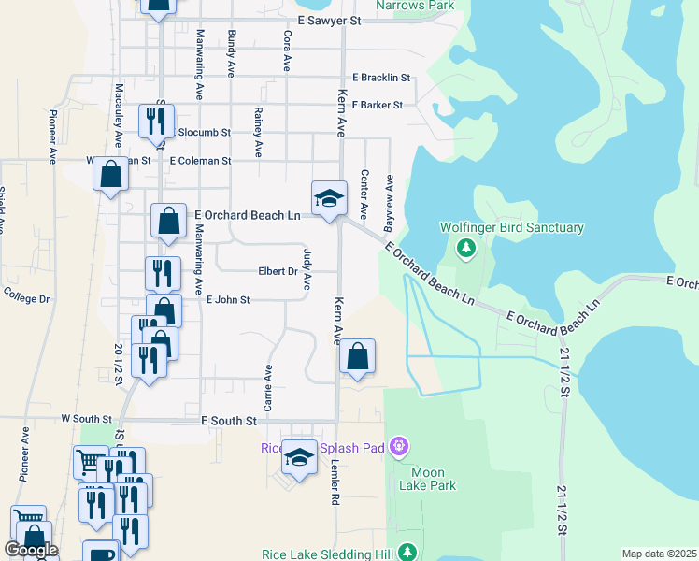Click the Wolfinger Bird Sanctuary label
512,227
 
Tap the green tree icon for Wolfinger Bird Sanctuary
465,249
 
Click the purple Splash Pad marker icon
399,448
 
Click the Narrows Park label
415,6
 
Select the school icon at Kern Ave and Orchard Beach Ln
328,198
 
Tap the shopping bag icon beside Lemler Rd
356,356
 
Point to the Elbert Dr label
278,272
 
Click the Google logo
32,550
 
